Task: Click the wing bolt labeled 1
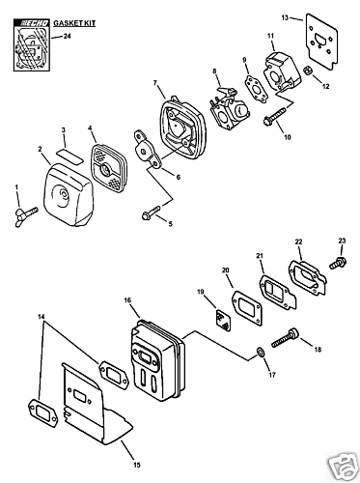(26, 216)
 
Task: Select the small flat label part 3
(69, 155)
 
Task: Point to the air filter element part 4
(108, 168)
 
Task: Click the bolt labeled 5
(151, 213)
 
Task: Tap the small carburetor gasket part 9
(255, 90)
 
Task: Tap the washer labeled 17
(261, 352)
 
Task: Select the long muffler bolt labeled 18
(285, 338)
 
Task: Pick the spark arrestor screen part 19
(223, 320)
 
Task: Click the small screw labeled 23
(338, 262)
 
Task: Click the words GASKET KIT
(74, 23)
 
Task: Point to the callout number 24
(67, 36)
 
